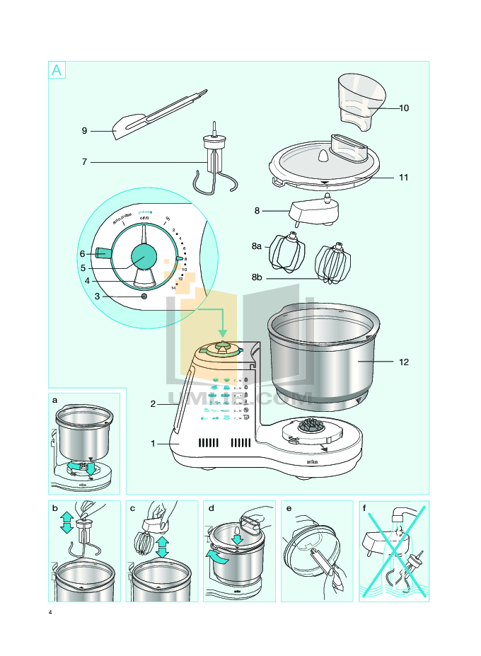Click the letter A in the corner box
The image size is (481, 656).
57,70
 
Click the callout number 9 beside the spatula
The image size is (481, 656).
84,131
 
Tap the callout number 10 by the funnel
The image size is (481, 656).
404,108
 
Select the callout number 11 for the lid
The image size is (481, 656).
403,178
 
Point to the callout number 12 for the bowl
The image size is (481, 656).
404,362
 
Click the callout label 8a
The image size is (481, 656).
257,246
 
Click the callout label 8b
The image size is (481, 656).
257,280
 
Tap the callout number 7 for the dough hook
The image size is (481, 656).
84,162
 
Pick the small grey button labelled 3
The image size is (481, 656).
144,297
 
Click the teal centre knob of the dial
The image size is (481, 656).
144,256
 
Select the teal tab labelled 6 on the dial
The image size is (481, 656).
103,253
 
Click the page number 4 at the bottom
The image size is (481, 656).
50,611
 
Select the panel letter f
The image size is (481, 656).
364,508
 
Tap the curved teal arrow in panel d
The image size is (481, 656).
219,558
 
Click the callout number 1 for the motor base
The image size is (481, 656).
152,444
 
